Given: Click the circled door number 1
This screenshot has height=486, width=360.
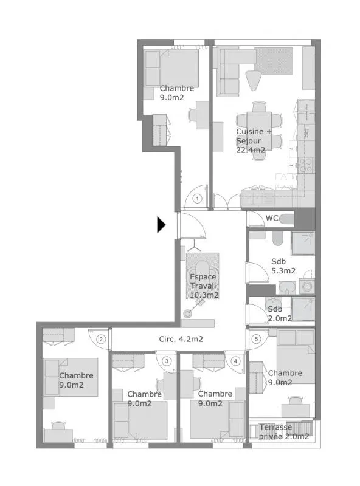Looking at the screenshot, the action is pyautogui.click(x=197, y=199).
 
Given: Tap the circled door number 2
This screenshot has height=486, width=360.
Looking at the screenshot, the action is pyautogui.click(x=101, y=339).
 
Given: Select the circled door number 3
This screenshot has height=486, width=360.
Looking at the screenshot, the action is pyautogui.click(x=167, y=361).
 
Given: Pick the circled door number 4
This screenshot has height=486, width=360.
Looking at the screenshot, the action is pyautogui.click(x=235, y=361).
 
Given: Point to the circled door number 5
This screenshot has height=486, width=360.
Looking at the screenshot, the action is pyautogui.click(x=256, y=339).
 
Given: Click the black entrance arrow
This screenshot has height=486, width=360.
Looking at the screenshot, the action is pyautogui.click(x=161, y=224).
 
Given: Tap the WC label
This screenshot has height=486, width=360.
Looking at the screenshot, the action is pyautogui.click(x=272, y=218).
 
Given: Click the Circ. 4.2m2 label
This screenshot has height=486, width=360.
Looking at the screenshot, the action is pyautogui.click(x=181, y=339).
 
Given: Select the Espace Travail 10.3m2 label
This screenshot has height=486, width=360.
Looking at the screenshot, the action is pyautogui.click(x=204, y=286).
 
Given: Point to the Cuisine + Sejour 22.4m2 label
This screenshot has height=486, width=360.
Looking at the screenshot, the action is pyautogui.click(x=253, y=141).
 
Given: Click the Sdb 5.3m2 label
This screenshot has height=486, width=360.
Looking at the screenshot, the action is pyautogui.click(x=283, y=266).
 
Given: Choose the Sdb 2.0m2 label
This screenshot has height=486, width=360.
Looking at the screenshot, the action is pyautogui.click(x=280, y=313).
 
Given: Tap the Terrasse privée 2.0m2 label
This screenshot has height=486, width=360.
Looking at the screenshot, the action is pyautogui.click(x=283, y=432).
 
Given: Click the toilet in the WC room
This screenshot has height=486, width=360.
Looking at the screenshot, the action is pyautogui.click(x=286, y=219).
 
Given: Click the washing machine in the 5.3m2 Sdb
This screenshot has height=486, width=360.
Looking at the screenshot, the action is pyautogui.click(x=306, y=286).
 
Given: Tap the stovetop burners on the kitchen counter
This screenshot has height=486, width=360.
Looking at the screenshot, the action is pyautogui.click(x=305, y=165).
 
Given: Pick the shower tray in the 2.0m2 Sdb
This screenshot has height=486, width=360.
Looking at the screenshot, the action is pyautogui.click(x=303, y=309).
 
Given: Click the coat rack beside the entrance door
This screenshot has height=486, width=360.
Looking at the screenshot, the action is pyautogui.click(x=194, y=245).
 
